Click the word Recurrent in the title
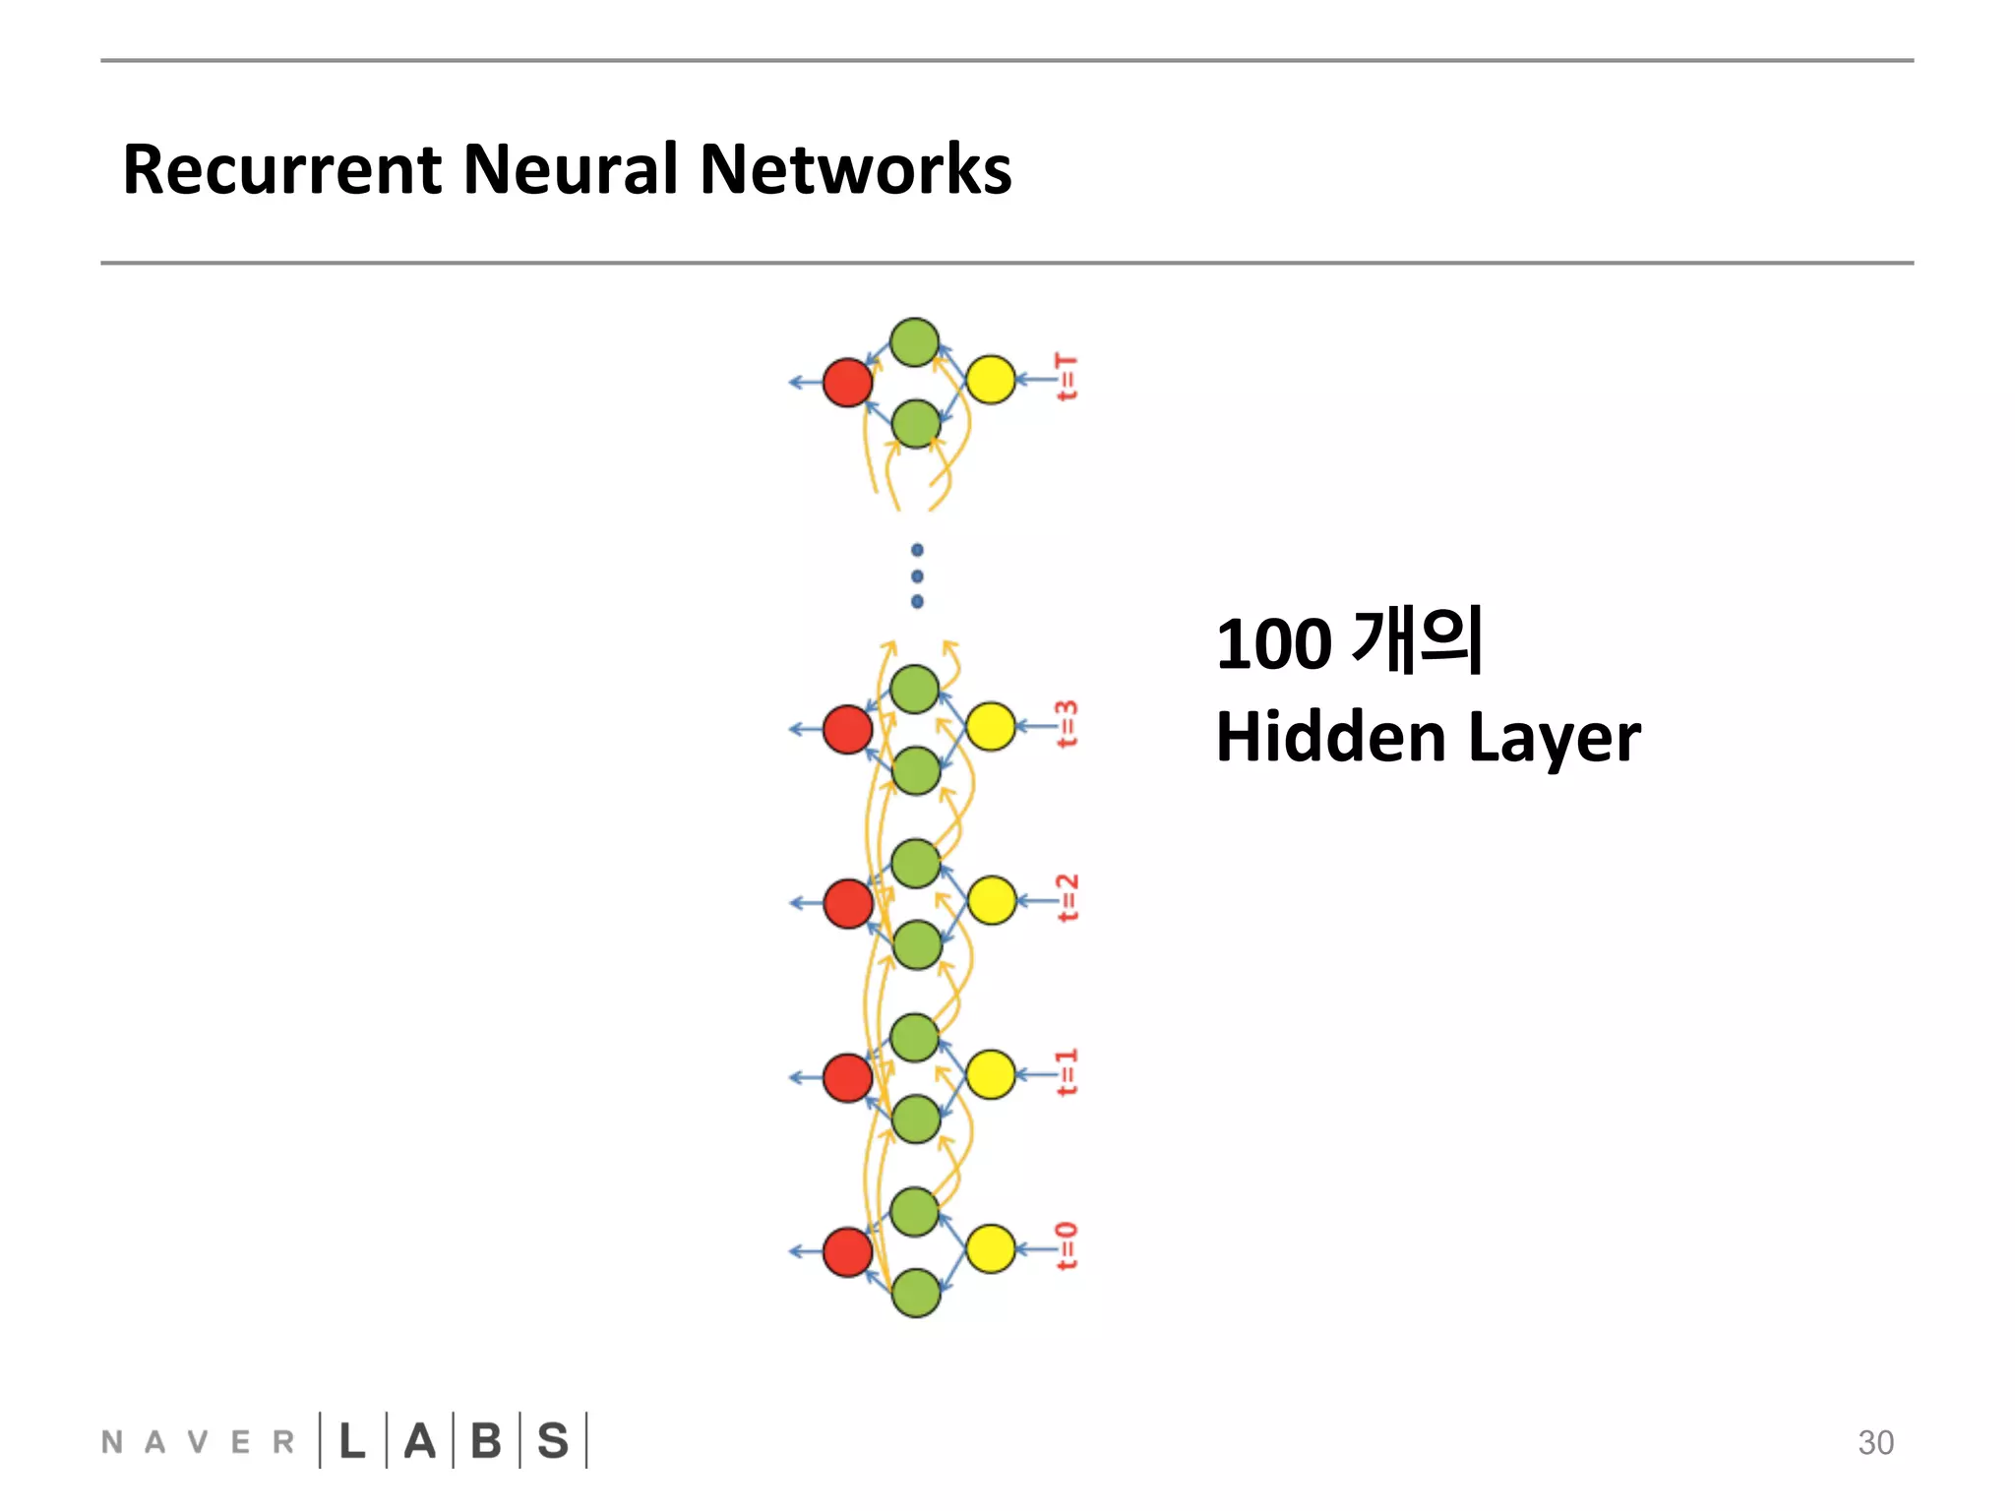[282, 169]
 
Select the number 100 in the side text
[1273, 644]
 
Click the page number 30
[1875, 1442]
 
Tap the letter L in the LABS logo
[352, 1441]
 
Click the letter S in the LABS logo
[553, 1441]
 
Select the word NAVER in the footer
[198, 1442]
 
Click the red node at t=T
[847, 383]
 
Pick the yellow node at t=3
[991, 726]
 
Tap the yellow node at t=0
[991, 1248]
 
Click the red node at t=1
[847, 1077]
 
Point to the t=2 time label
[1067, 898]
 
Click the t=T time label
[1067, 378]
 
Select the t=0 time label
[1067, 1246]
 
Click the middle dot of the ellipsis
[917, 575]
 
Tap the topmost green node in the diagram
[914, 342]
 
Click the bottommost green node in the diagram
[916, 1293]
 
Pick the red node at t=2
[847, 903]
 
